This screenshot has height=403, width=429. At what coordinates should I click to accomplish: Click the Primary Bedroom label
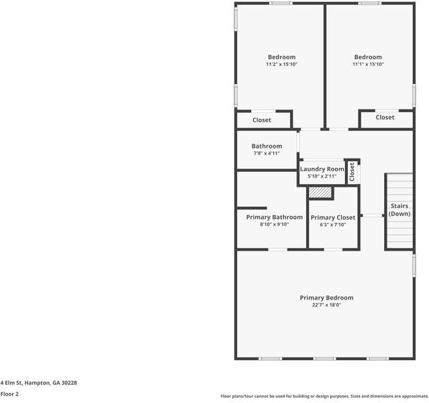(x=326, y=298)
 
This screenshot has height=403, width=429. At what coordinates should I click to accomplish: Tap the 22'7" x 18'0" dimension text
(x=326, y=305)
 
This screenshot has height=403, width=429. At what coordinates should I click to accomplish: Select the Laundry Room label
(x=322, y=169)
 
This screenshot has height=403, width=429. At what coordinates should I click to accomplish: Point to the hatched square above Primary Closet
(x=320, y=192)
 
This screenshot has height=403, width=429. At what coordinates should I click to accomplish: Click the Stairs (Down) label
(x=399, y=210)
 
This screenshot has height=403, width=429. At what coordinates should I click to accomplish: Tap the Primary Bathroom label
(x=275, y=217)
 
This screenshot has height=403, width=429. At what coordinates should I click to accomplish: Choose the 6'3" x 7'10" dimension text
(x=333, y=225)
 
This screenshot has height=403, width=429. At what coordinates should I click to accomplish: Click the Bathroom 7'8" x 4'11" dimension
(x=267, y=153)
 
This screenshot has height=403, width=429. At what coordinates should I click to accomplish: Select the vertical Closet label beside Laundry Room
(x=352, y=172)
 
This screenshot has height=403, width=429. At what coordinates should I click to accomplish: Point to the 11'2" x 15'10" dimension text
(x=281, y=64)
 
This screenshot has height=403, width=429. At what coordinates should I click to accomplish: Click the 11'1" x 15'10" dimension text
(x=368, y=64)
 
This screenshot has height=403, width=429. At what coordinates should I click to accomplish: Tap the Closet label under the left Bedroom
(x=262, y=120)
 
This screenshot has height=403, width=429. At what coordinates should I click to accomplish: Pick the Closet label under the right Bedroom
(x=385, y=117)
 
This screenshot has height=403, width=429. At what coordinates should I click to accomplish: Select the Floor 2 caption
(x=9, y=394)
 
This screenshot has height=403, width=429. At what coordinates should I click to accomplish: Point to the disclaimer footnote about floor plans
(x=324, y=396)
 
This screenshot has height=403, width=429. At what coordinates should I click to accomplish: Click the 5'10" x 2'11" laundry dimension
(x=322, y=176)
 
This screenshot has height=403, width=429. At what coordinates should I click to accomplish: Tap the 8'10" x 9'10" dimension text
(x=275, y=224)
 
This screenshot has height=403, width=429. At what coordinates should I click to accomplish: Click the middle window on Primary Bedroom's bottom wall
(x=324, y=359)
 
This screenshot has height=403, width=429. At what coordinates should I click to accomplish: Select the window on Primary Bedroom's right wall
(x=414, y=266)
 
